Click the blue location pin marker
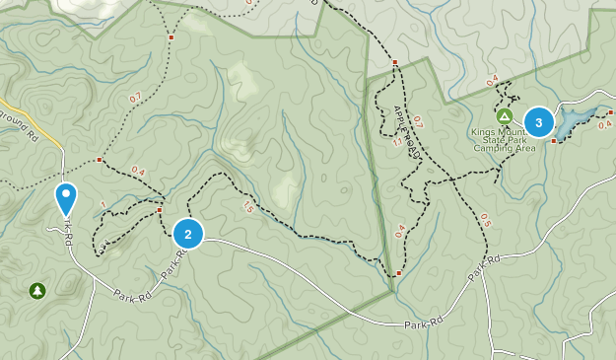[x=66, y=198]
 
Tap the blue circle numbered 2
[x=187, y=234]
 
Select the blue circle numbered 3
[x=538, y=121]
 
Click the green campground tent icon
[x=504, y=115]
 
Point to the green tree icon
[x=37, y=290]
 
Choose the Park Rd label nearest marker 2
[x=173, y=263]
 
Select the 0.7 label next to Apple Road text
[x=417, y=121]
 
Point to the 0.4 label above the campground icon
[x=493, y=81]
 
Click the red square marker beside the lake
[x=554, y=141]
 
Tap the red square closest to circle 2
[x=159, y=210]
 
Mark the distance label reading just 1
[x=103, y=205]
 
